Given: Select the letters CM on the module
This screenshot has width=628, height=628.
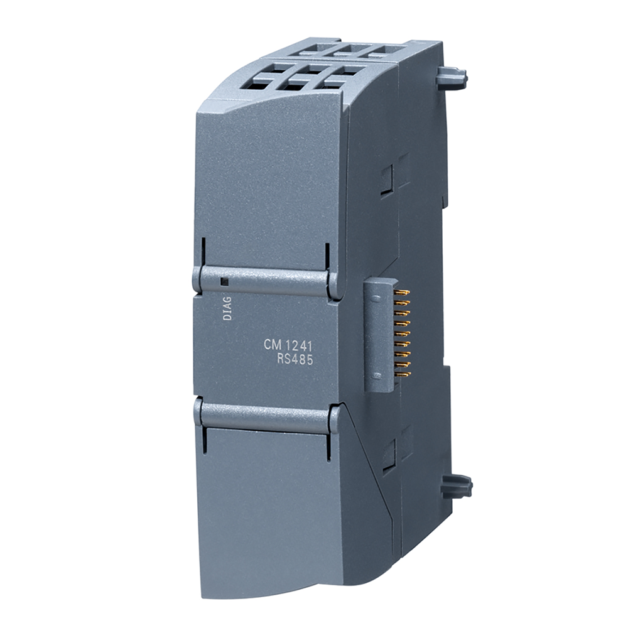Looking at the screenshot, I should (271, 345).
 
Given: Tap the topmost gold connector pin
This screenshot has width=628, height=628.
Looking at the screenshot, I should (406, 293).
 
